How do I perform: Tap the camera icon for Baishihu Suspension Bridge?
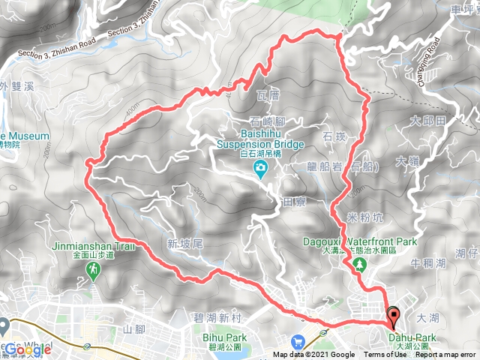260,168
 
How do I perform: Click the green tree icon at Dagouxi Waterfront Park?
361,264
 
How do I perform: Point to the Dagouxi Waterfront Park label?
359,242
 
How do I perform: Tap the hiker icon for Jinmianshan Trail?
93,268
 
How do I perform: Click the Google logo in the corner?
27,349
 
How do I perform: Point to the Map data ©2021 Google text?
314,355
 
